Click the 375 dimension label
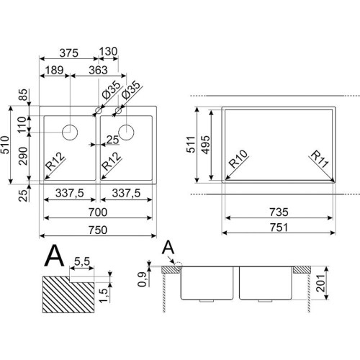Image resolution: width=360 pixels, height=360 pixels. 69,53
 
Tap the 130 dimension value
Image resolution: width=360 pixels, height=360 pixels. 108,51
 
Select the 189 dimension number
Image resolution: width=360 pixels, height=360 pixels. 55,71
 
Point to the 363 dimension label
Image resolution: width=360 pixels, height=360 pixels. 98,71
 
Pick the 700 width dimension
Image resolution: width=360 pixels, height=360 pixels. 98,212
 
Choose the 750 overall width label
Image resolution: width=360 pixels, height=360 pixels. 98,230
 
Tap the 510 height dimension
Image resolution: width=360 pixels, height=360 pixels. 5,145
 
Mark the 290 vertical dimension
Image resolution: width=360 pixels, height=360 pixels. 23,156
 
